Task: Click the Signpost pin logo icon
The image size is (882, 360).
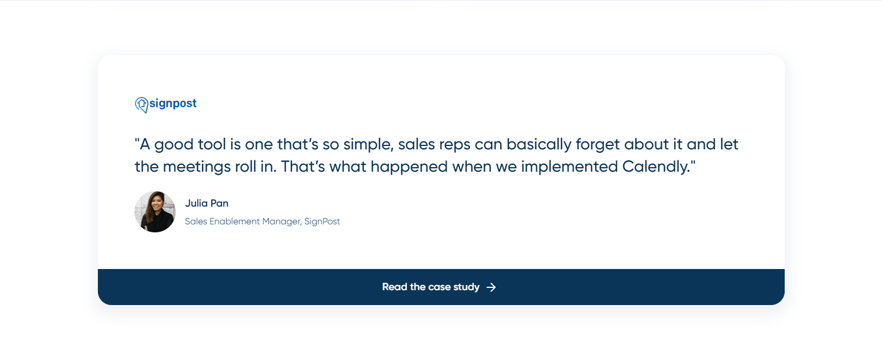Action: [x=141, y=104]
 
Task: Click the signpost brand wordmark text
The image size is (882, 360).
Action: [x=173, y=104]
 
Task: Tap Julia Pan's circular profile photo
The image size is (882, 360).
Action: [x=155, y=212]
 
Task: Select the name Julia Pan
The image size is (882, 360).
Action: [x=207, y=203]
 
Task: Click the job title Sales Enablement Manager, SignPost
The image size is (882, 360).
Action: [x=262, y=221]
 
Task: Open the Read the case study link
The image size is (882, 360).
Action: [x=430, y=287]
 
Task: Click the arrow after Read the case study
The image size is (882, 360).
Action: [x=491, y=287]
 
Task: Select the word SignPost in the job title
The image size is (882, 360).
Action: [x=322, y=221]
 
